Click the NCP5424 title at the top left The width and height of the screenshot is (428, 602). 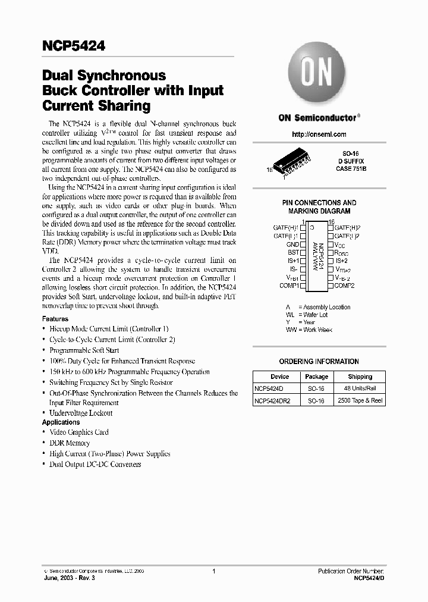point(73,46)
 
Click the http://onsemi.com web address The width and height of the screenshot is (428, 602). point(319,134)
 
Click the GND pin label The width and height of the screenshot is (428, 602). point(292,244)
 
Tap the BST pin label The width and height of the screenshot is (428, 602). point(293,253)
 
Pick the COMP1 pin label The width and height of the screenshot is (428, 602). point(289,286)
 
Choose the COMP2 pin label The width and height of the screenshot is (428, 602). point(344,286)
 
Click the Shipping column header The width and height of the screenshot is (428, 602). point(360,377)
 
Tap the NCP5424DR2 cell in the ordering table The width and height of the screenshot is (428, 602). point(272,400)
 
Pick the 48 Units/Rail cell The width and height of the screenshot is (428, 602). point(360,388)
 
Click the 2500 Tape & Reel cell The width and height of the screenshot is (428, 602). point(360,400)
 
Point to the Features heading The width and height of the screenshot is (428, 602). point(55,319)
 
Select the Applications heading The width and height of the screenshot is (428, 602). point(61,422)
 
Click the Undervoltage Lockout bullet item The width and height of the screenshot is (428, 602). point(81,413)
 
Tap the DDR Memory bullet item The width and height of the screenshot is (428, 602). point(70,443)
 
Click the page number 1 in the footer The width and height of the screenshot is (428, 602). point(213,571)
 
